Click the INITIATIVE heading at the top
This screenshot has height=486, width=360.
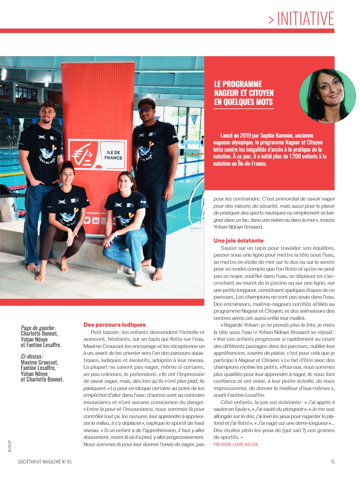click(301, 18)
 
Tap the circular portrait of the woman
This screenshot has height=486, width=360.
click(327, 96)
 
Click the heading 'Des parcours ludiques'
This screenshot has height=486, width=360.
click(114, 325)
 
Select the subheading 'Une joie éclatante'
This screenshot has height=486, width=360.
click(238, 240)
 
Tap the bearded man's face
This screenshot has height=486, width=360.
click(47, 113)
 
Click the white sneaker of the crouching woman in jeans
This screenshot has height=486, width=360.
click(139, 278)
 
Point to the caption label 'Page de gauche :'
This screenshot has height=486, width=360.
click(38, 328)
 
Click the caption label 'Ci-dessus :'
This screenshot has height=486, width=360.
click(32, 356)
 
